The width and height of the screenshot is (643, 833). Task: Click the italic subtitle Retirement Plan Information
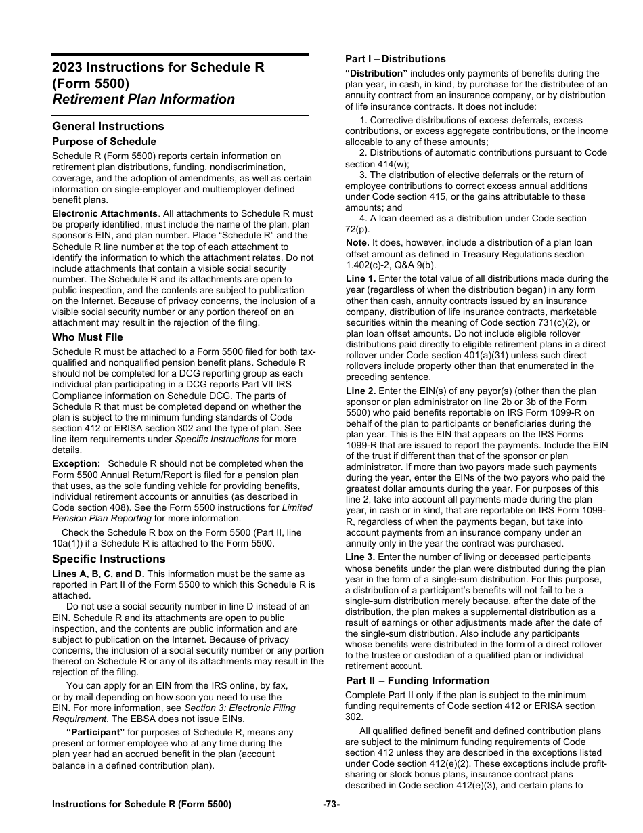143,99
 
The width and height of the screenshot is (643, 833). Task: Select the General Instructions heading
108,126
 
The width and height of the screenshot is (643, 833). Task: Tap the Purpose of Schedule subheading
104,142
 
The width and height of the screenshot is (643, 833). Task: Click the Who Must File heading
87,337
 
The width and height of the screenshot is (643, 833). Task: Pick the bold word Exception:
76,463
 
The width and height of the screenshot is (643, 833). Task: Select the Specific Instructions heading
109,559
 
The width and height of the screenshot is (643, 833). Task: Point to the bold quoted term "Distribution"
376,73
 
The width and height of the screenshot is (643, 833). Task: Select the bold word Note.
357,242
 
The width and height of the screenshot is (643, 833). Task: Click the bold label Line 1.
360,278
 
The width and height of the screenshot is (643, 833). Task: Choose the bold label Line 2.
360,391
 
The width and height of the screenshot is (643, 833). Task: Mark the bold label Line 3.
360,557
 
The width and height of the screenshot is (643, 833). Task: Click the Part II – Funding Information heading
418,681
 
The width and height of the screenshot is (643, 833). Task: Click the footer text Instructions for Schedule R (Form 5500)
141,804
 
